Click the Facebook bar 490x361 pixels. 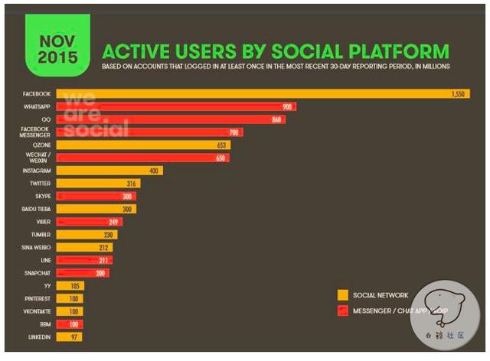[253, 93]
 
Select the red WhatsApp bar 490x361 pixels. [176, 106]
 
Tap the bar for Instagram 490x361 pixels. [109, 171]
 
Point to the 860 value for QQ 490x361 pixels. [275, 119]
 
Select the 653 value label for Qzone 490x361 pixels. [221, 145]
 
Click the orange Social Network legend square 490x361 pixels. [342, 294]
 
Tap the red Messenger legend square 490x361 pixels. [342, 311]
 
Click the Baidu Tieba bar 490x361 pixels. [96, 209]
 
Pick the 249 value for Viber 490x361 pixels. [116, 222]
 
